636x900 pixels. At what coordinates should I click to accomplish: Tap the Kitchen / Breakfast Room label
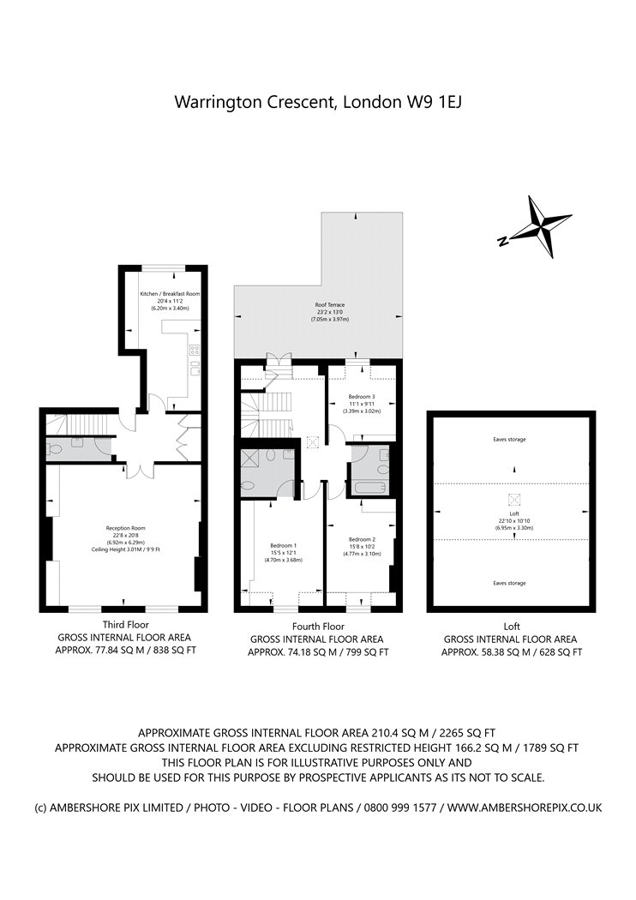[170, 294]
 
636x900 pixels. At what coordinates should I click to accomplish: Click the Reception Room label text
[126, 528]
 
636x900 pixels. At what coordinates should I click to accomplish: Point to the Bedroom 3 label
[361, 397]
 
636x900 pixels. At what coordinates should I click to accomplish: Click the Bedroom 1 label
[283, 546]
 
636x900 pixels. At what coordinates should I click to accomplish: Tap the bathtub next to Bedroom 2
[370, 489]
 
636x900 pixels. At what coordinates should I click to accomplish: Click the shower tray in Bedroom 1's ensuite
[255, 460]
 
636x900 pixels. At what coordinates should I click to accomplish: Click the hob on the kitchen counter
[194, 349]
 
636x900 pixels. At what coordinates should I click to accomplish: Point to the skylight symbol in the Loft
[514, 501]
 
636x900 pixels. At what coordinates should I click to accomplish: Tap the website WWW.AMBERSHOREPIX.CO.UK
[525, 807]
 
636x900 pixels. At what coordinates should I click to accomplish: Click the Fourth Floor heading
[318, 627]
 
